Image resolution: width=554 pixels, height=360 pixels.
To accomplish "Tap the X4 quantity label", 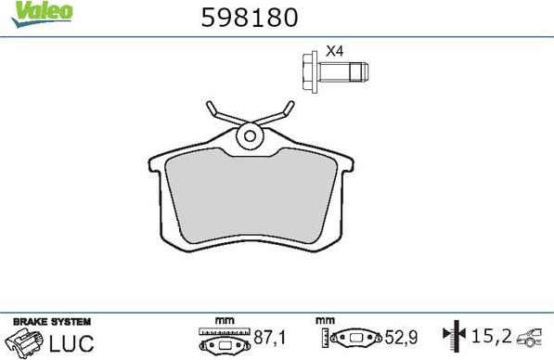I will click(x=334, y=51).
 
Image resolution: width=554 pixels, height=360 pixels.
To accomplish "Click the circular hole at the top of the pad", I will click(x=249, y=136).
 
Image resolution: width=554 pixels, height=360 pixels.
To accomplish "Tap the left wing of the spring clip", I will click(x=220, y=115).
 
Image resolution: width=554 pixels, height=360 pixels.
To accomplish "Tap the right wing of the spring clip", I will click(x=277, y=116).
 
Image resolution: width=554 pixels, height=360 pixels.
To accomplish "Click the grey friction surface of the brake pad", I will click(x=249, y=199).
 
